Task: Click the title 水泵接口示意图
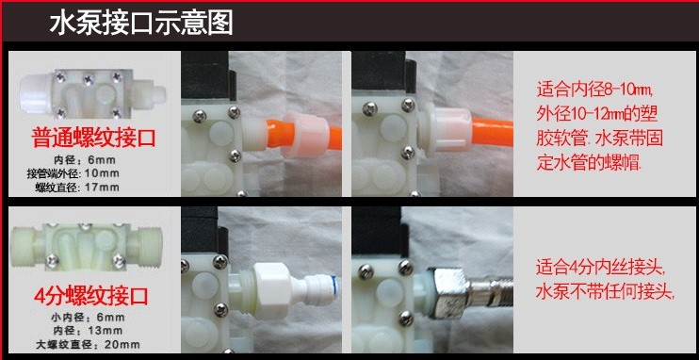[141, 24]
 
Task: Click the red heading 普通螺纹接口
[93, 139]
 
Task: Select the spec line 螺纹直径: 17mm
[77, 188]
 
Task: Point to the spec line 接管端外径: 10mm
[73, 173]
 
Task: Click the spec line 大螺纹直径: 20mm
[88, 344]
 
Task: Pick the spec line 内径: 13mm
[88, 331]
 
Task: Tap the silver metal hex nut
[448, 292]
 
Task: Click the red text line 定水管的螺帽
[589, 163]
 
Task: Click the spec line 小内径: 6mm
[86, 318]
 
